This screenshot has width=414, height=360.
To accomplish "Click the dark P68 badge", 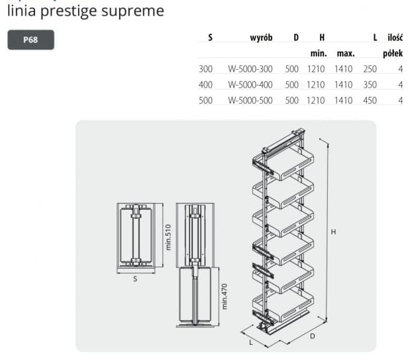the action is pos(30,40).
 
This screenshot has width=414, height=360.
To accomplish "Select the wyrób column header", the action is pos(261,38).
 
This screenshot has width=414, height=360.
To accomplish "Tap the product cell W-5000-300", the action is pos(250,69).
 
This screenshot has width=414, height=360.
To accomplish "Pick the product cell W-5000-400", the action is pos(250,85).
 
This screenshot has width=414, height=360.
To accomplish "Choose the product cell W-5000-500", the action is pos(250,101).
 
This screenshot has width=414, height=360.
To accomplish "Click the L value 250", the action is pos(370,69).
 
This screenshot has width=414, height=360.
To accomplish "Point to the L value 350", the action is pos(370,85).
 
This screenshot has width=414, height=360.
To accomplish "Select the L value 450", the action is pos(370,101).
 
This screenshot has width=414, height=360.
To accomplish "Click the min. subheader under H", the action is pos(319,54).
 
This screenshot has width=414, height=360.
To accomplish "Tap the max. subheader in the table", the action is pos(346,54).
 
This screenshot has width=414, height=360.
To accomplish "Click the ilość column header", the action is pos(395,38).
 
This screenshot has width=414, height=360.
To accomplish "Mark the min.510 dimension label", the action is pos(168,237).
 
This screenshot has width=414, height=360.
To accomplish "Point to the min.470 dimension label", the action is pos(224,296).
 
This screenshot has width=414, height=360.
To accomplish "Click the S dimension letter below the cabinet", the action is pos(135,279).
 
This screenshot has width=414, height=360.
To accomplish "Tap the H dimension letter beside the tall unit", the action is pos(333,232).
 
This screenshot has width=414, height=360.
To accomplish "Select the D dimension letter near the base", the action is pos(313,336).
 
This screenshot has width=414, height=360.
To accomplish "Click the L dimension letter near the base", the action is pos(251,342).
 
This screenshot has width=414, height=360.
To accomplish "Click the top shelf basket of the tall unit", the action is pos(283,163).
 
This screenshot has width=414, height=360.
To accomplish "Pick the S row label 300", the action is pos(205,69).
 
